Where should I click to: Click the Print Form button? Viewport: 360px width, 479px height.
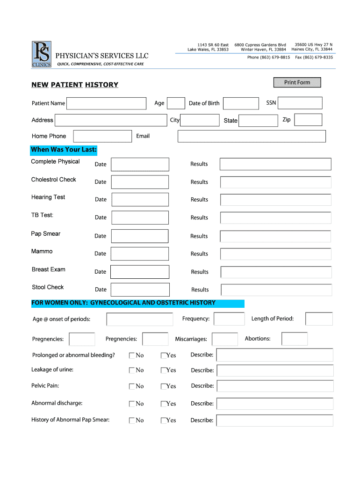297,82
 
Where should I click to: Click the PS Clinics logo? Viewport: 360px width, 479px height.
42,54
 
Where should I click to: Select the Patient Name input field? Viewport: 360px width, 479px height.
107,103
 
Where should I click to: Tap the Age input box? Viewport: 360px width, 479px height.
176,103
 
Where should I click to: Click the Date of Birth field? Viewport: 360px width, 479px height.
240,103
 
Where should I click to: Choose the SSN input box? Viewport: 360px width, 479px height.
300,103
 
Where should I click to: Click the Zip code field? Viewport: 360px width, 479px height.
308,120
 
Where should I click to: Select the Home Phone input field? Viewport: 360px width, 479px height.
103,136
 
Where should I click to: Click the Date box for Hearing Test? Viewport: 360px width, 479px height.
140,200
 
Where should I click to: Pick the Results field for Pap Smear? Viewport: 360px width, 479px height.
276,236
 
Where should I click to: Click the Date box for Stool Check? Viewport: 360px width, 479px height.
140,290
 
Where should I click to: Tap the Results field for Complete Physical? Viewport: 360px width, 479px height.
275,164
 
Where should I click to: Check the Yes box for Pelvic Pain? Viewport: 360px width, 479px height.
164,386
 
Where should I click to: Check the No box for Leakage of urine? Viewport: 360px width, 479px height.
132,370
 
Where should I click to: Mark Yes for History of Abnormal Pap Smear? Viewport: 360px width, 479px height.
164,421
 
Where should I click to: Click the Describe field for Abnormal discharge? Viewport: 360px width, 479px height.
275,404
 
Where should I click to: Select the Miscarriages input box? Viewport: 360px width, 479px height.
225,339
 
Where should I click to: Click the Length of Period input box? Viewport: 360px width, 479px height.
319,319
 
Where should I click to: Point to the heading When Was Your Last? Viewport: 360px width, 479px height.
64,150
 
